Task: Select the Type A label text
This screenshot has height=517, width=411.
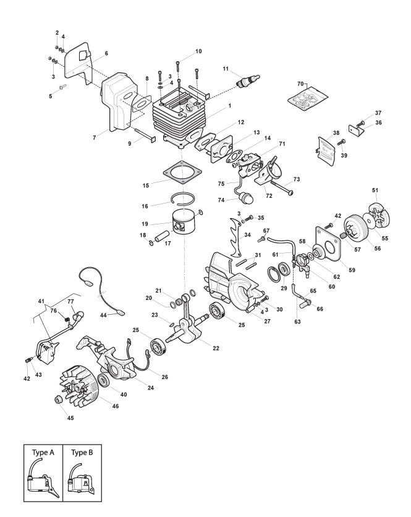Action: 43,452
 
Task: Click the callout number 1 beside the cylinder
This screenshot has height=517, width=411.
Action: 230,106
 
